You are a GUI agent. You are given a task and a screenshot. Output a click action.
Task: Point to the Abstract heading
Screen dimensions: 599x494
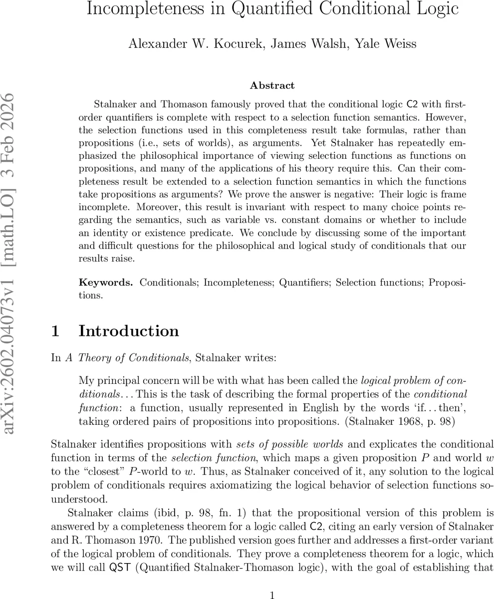272,85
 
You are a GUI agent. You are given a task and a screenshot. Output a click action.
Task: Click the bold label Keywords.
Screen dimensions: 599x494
106,283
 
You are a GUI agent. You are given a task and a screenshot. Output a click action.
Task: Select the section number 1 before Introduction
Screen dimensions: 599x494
56,331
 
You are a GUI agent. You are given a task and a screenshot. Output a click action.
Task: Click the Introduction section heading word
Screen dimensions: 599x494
129,331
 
